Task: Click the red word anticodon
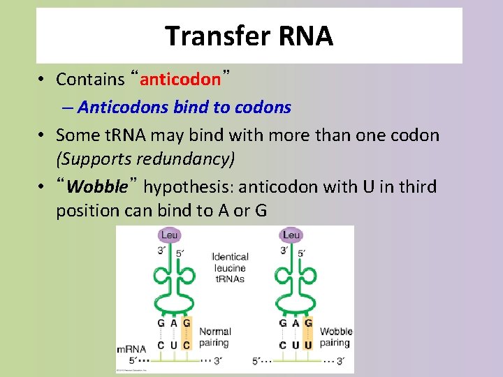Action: [180, 79]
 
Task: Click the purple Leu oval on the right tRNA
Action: [291, 235]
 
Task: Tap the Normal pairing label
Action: [214, 337]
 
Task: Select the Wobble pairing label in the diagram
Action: [336, 337]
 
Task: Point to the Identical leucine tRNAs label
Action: [231, 268]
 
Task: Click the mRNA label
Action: [132, 349]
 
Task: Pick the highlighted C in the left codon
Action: [187, 345]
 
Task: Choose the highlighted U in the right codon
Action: [308, 345]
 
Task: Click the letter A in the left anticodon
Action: [174, 323]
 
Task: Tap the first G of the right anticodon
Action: [283, 323]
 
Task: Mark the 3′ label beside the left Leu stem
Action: [161, 251]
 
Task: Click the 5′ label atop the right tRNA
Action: [301, 253]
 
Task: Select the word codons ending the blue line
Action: [263, 107]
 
